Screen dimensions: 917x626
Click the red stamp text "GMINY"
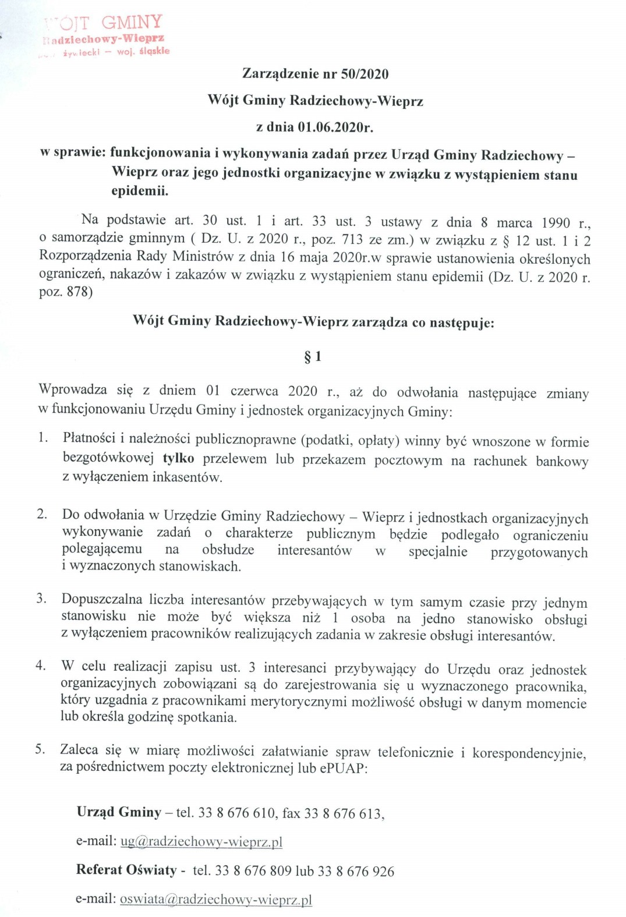(x=132, y=22)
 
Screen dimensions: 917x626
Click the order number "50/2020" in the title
(x=366, y=74)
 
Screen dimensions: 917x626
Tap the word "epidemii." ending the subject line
(x=140, y=191)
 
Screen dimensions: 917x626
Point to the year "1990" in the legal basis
(x=556, y=223)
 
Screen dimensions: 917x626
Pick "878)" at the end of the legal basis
(x=80, y=292)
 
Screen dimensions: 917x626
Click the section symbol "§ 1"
(x=313, y=356)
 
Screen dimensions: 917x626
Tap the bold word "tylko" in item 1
(x=178, y=458)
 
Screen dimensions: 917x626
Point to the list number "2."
(x=41, y=514)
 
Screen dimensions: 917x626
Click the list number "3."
(x=41, y=598)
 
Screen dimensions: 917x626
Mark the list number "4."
(x=40, y=665)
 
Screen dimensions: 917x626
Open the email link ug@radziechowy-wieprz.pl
(x=201, y=841)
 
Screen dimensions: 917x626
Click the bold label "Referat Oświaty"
(x=126, y=870)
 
